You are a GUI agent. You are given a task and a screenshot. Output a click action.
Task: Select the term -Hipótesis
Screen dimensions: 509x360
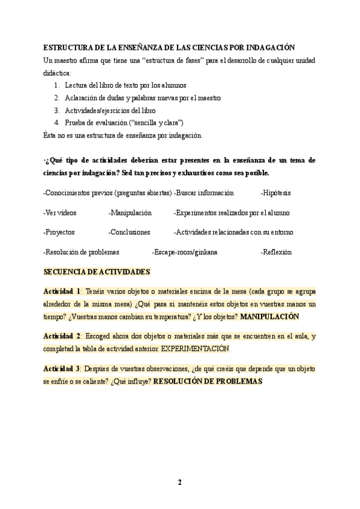click(x=276, y=193)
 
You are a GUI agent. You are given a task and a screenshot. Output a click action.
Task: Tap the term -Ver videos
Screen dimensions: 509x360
click(x=60, y=212)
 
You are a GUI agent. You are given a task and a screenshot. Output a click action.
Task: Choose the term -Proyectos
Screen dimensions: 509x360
click(x=59, y=232)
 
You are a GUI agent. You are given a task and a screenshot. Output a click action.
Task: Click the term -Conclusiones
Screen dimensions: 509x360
click(x=129, y=232)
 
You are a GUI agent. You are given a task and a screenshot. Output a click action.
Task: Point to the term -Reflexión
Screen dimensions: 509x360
click(x=276, y=251)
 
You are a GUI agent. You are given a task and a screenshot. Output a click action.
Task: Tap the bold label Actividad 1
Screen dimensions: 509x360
click(x=62, y=291)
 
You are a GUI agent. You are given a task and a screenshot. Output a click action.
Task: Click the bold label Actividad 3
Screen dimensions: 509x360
click(x=62, y=368)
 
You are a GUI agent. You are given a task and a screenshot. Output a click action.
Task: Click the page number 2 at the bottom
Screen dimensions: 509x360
click(x=179, y=482)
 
